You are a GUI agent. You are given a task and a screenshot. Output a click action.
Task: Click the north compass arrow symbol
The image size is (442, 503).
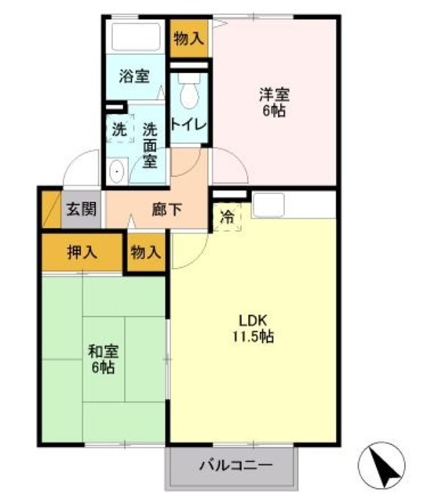[382, 465]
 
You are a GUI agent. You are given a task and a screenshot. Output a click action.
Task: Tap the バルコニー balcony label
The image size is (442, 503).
[236, 464]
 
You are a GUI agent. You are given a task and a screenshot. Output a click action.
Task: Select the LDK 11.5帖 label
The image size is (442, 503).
[253, 329]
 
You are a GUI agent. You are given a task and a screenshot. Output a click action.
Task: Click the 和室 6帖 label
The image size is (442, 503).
[103, 359]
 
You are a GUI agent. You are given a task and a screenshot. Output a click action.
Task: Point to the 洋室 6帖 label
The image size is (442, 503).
[274, 102]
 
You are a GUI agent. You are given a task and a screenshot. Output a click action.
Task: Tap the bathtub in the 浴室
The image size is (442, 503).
[136, 36]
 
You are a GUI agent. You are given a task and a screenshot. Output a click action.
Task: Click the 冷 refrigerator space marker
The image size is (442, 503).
[227, 217]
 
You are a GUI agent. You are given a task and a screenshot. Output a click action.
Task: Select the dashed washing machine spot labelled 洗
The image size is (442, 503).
[120, 129]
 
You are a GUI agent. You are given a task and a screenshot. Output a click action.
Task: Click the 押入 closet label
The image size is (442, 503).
[82, 252]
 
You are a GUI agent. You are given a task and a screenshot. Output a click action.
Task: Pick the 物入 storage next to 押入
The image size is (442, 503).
[146, 252]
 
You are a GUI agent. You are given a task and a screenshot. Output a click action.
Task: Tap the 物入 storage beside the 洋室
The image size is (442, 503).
[189, 39]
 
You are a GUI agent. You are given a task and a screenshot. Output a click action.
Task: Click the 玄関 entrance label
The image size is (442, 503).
[82, 209]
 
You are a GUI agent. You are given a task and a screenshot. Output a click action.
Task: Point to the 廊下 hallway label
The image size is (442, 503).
[167, 210]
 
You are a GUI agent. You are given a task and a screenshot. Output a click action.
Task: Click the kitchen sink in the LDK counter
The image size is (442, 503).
[268, 205]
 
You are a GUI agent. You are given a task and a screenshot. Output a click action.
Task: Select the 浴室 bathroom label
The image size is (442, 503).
[134, 76]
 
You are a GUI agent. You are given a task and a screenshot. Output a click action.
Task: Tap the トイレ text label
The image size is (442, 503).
[188, 124]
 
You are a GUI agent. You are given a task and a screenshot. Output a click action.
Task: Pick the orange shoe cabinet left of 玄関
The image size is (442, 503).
[51, 209]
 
